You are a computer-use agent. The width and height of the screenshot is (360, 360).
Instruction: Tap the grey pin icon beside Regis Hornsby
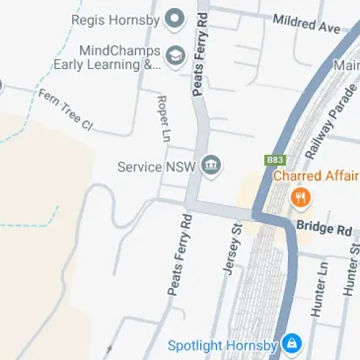pos(174,19)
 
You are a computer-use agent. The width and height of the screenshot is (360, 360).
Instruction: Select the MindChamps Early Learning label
pos(107,58)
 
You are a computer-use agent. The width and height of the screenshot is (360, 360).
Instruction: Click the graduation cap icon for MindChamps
pos(174,56)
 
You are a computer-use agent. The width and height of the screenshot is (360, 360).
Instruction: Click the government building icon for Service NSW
pos(211,166)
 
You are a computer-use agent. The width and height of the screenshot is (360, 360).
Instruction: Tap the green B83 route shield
pos(274,159)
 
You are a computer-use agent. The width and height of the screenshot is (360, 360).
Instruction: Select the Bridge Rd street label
pos(324,229)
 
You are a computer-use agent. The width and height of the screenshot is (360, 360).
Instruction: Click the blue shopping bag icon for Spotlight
pos(292,343)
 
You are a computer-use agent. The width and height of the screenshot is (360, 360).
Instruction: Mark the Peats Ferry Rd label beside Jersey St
pos(179,254)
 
